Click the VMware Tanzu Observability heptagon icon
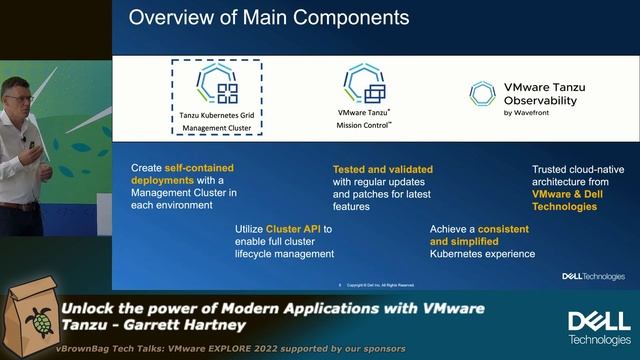point(483,93)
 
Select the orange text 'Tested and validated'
point(377,169)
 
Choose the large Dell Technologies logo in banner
point(599,326)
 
